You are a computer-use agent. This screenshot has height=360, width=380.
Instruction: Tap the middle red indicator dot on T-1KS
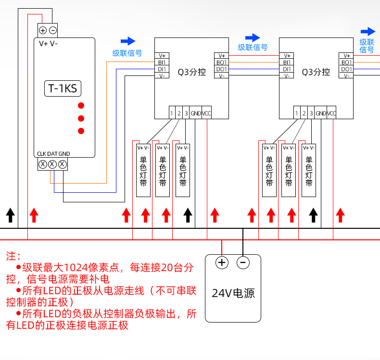tap(81, 118)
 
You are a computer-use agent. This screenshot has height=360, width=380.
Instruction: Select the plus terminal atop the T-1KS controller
tap(43, 30)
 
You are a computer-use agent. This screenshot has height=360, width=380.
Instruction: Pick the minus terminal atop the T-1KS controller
tap(53, 30)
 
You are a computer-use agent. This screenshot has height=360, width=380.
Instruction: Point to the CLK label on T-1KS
tap(41, 154)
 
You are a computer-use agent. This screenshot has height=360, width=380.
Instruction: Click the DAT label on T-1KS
tap(52, 154)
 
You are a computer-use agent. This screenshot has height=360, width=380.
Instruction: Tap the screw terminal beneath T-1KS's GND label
tap(63, 164)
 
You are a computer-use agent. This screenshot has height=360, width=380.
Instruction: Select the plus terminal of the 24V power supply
tap(222, 262)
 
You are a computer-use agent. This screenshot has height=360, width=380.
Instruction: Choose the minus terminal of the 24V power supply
tap(243, 262)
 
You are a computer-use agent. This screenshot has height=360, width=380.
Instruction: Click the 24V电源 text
tap(233, 293)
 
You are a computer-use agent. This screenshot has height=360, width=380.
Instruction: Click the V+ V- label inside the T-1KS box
tap(48, 43)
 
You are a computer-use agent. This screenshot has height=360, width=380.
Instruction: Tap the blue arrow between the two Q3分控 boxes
tap(253, 37)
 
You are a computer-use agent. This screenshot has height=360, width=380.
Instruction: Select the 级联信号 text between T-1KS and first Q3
tap(127, 53)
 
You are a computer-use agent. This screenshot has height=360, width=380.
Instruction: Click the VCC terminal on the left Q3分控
tap(206, 113)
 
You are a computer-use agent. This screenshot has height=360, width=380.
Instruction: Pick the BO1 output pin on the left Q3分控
tap(221, 62)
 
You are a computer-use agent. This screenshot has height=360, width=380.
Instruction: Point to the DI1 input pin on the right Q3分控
tap(287, 69)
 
